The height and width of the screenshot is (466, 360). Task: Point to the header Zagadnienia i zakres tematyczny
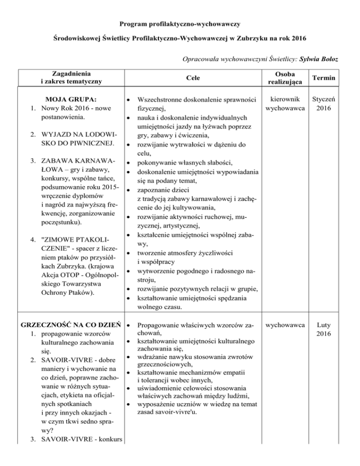[x=72, y=76]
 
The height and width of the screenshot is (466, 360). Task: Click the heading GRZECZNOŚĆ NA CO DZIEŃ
[x=68, y=324]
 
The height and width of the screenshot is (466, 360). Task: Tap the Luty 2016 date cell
[x=324, y=329]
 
